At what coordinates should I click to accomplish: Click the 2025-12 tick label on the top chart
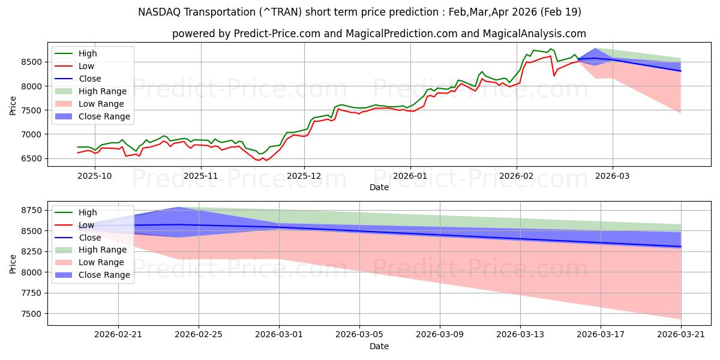tap(304, 176)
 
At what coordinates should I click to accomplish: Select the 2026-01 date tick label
tap(410, 176)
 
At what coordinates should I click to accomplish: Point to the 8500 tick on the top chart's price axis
tap(31, 62)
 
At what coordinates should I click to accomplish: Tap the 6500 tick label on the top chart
tap(31, 158)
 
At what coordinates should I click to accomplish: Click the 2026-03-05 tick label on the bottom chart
tap(359, 335)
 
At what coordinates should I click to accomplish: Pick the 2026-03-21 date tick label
tap(681, 335)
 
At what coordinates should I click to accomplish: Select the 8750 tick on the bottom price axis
tap(31, 210)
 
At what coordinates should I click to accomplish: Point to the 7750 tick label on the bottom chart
tap(31, 293)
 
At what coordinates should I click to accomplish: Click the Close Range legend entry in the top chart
tap(92, 116)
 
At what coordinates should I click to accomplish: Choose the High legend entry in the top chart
tap(76, 53)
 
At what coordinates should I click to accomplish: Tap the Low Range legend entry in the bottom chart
tap(89, 262)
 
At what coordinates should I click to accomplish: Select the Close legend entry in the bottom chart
tap(78, 238)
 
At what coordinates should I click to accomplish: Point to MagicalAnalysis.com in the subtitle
tap(535, 34)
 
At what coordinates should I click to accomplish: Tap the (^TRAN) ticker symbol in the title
tap(281, 12)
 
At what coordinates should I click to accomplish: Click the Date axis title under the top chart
tap(379, 187)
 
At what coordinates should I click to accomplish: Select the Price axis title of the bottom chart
tap(13, 264)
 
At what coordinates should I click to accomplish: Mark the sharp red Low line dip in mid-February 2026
tap(554, 76)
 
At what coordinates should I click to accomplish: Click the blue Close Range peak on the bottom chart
tap(178, 208)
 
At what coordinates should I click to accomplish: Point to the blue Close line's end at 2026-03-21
tap(681, 247)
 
